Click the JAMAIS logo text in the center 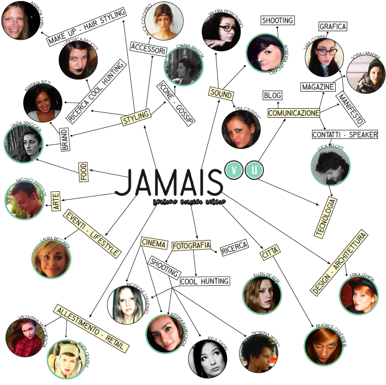point(169,182)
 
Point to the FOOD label point(84,172)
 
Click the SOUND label point(221,93)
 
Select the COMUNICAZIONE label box point(294,113)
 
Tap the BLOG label point(273,95)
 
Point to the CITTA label point(270,252)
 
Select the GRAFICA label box point(333,27)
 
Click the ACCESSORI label point(148,48)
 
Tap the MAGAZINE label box point(318,87)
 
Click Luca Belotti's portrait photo point(330,167)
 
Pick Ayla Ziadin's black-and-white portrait point(207,358)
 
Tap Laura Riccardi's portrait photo point(51,260)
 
